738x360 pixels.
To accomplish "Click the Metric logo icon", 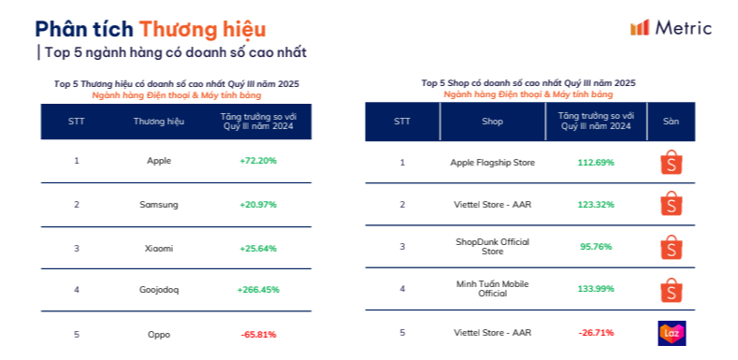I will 640,27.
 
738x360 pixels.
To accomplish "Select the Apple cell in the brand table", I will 159,161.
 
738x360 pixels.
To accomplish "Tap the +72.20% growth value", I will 258,161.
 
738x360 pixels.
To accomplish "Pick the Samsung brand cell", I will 159,204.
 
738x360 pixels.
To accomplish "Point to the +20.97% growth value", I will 258,204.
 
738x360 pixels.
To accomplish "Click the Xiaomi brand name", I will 159,248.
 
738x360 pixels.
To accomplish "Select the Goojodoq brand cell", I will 159,290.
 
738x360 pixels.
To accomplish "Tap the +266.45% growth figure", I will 258,290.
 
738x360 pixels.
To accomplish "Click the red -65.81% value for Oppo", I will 258,334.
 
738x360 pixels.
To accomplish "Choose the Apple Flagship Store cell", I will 492,163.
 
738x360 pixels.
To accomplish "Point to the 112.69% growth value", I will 596,163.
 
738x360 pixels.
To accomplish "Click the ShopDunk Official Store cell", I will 492,246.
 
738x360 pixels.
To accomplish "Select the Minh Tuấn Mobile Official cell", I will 492,288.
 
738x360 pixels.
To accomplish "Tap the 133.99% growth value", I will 596,288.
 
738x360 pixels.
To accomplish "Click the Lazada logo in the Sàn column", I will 671,333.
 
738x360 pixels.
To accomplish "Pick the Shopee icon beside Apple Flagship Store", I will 671,163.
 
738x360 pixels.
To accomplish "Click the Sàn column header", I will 671,122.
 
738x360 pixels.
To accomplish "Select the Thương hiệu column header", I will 159,122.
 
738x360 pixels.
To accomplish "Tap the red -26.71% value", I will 596,332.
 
